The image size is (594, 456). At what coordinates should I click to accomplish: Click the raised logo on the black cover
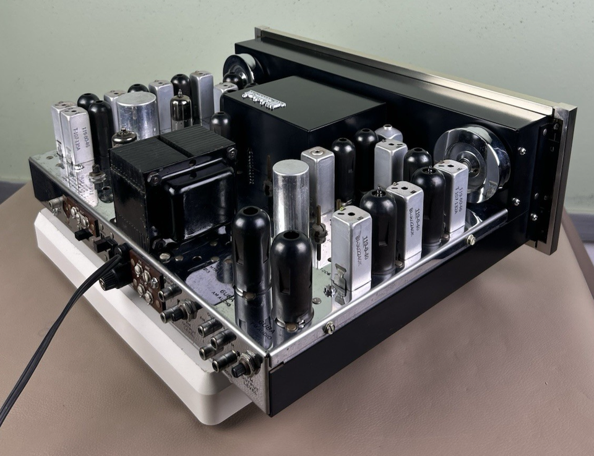click(x=263, y=99)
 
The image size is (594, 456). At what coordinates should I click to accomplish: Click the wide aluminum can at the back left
click(x=137, y=114)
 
